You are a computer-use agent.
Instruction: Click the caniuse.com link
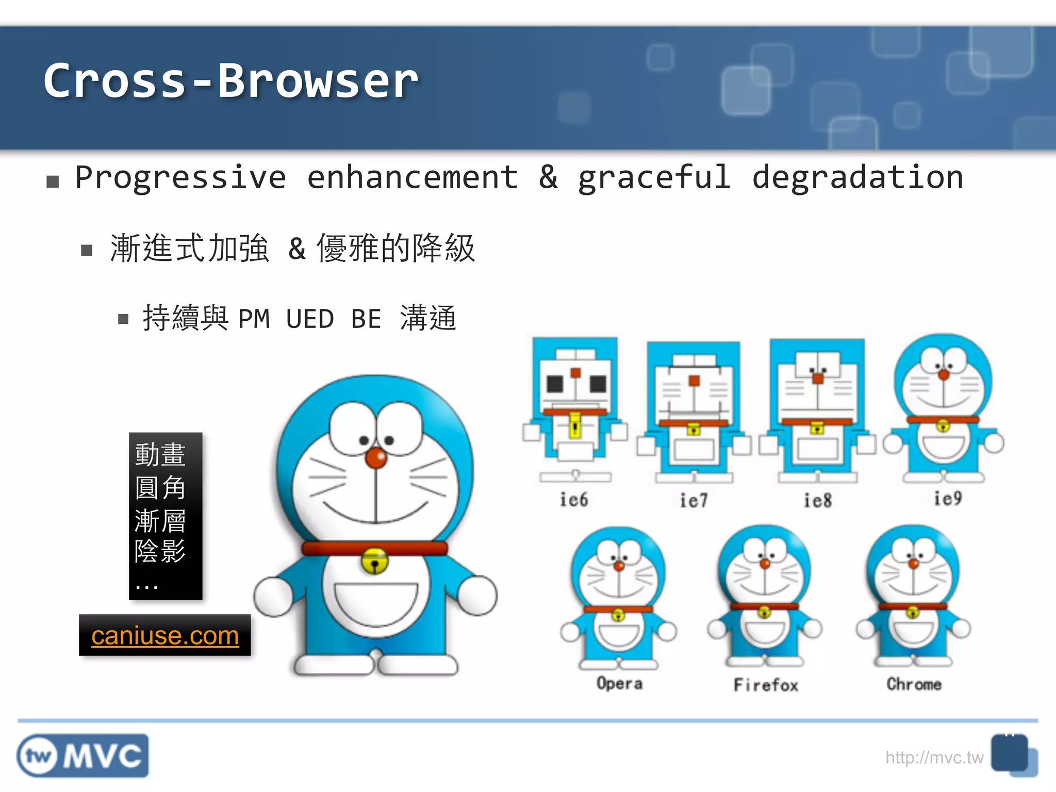165,636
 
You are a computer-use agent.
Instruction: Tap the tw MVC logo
82,756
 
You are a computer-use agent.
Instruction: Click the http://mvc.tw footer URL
934,757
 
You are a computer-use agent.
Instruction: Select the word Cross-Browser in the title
230,81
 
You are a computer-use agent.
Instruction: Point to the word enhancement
412,178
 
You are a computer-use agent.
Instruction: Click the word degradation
857,178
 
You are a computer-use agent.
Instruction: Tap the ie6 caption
574,500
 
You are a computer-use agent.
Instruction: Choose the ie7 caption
694,501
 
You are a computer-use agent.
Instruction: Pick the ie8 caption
818,501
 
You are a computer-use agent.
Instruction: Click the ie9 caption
948,499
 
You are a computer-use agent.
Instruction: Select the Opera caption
619,684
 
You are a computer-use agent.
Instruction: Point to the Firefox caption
766,685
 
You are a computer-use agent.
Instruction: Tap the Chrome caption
914,684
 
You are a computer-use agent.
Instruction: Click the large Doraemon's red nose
376,458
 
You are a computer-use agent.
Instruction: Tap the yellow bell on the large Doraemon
375,562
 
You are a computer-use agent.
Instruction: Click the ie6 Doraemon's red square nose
575,373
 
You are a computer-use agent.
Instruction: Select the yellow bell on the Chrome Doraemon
913,613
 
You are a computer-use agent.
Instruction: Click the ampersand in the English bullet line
548,178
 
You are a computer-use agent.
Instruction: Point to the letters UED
310,319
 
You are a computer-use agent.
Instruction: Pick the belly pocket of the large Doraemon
376,603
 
